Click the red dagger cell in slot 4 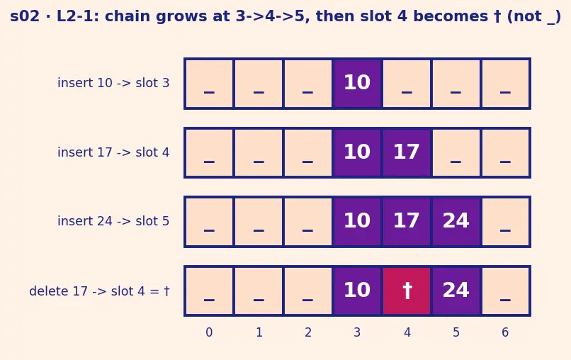click(407, 291)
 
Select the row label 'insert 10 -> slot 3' click(113, 83)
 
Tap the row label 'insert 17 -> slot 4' click(113, 152)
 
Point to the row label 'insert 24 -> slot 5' click(113, 221)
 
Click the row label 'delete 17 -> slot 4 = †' click(99, 291)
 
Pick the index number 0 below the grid click(209, 332)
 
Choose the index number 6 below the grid click(504, 332)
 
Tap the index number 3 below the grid click(357, 332)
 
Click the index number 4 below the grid click(407, 332)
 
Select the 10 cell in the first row click(357, 84)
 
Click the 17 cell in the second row click(407, 152)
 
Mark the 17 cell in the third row click(407, 222)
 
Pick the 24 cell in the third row click(456, 222)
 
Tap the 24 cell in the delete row click(456, 291)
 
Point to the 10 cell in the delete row click(357, 291)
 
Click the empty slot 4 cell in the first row click(407, 84)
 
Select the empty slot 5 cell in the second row click(456, 152)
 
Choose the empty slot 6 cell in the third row click(505, 222)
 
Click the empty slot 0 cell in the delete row click(209, 291)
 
